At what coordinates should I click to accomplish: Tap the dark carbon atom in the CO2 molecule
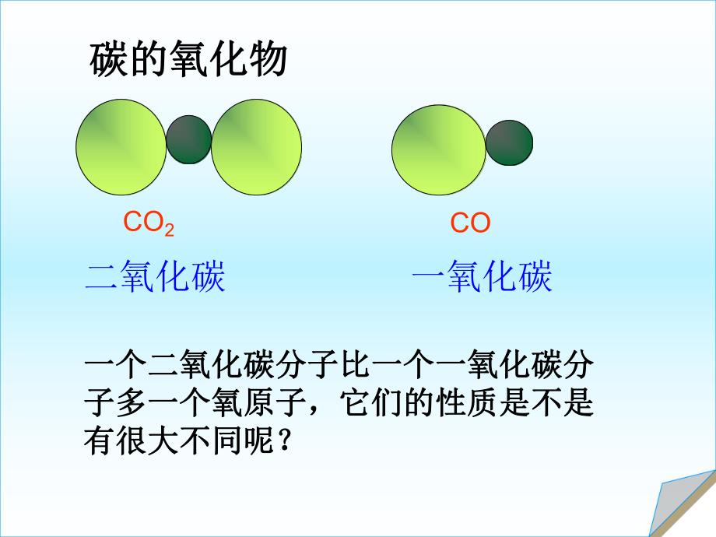click(x=189, y=140)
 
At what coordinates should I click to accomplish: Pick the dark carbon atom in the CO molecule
click(x=509, y=143)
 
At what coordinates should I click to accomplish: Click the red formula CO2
click(x=148, y=223)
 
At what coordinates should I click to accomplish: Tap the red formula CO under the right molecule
click(x=470, y=224)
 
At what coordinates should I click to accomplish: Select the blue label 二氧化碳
click(x=155, y=276)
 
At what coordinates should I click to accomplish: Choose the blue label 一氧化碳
click(x=481, y=276)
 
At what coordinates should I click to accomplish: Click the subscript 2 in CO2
click(x=169, y=229)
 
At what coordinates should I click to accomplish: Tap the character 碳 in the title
click(x=104, y=61)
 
